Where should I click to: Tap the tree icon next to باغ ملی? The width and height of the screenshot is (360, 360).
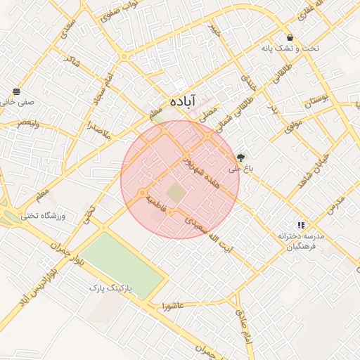pyautogui.click(x=242, y=157)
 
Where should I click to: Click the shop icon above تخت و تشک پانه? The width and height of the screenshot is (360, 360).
pyautogui.click(x=290, y=37)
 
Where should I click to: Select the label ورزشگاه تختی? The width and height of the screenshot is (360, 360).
pyautogui.click(x=44, y=216)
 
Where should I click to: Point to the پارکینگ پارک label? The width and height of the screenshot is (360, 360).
pyautogui.click(x=115, y=288)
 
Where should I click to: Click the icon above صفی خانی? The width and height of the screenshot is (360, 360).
pyautogui.click(x=16, y=91)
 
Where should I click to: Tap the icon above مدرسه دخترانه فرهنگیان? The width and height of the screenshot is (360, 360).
pyautogui.click(x=301, y=225)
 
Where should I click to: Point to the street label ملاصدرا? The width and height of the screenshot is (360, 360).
pyautogui.click(x=94, y=127)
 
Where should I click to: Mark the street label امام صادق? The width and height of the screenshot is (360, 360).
pyautogui.click(x=244, y=324)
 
